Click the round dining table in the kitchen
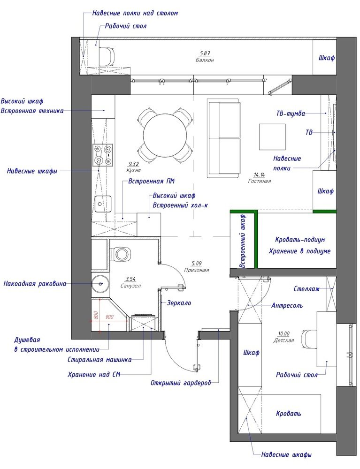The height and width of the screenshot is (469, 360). [x=165, y=134]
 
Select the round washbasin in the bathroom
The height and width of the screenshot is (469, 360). [x=100, y=284]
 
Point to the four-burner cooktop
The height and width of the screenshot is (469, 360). [x=102, y=155]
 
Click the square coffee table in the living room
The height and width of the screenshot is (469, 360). [x=272, y=136]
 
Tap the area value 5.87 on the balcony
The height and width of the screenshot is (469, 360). [x=205, y=53]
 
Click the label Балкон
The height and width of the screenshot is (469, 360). [x=205, y=60]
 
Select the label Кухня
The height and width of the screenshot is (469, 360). [x=133, y=170]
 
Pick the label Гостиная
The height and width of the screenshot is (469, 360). [x=260, y=181]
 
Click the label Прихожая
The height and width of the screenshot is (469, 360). [x=197, y=270]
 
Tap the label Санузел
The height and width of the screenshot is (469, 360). [x=131, y=286]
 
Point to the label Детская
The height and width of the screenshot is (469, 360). [x=283, y=340]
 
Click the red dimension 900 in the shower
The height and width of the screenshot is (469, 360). [x=109, y=317]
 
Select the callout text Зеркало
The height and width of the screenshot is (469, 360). [x=179, y=303]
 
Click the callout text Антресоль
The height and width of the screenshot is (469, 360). [x=287, y=305]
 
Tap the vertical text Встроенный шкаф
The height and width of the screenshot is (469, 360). [x=243, y=241]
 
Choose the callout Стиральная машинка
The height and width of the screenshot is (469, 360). [x=100, y=360]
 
